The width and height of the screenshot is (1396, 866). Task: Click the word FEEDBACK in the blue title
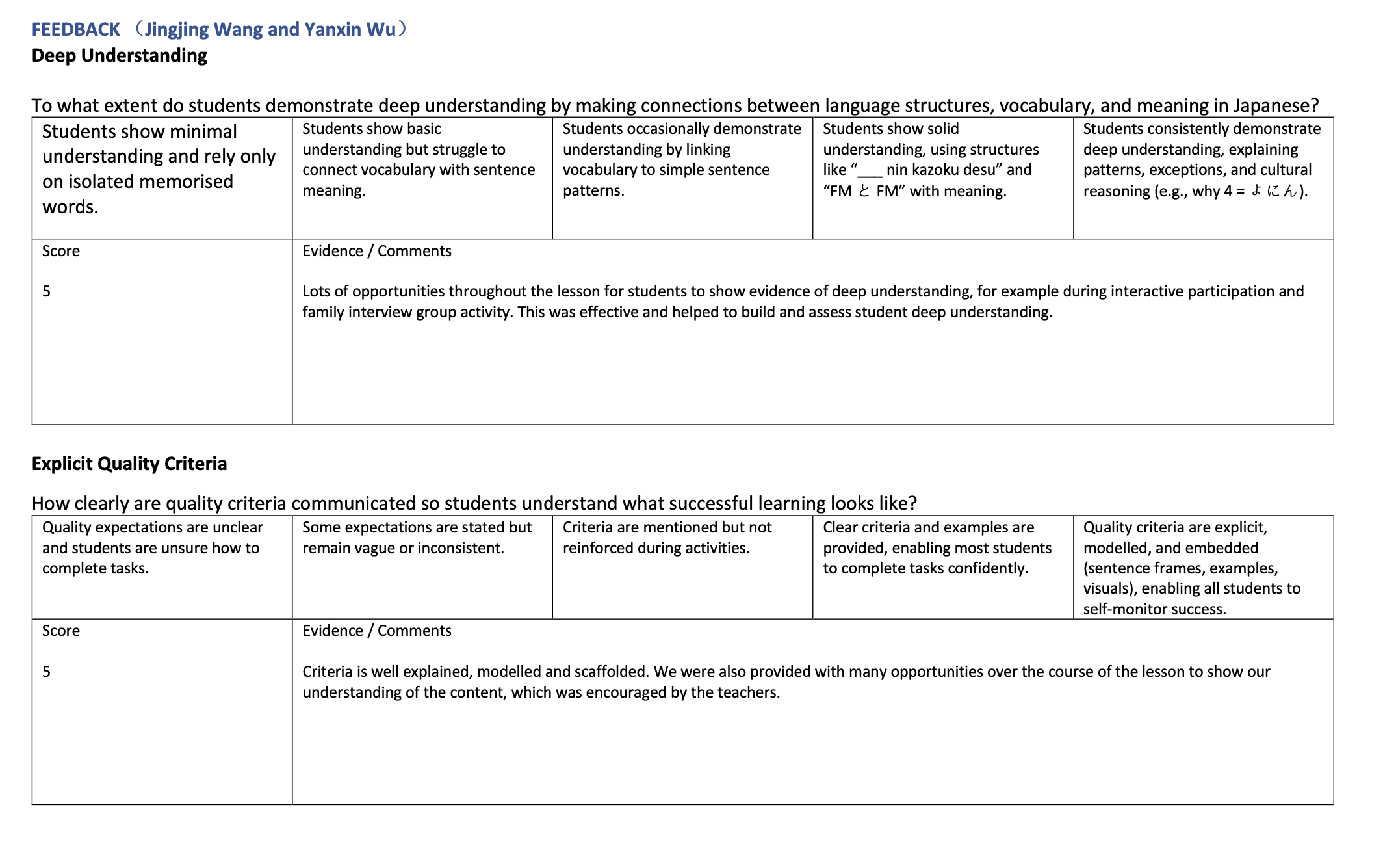point(76,30)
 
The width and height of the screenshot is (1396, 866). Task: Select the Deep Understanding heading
point(120,56)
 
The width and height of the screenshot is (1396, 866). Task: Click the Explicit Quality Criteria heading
point(129,464)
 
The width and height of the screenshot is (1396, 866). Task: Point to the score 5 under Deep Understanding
point(46,291)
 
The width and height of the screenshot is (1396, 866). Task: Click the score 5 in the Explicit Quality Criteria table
point(46,672)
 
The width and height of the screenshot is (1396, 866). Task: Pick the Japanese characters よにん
point(1274,191)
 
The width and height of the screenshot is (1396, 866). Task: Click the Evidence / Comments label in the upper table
point(376,251)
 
